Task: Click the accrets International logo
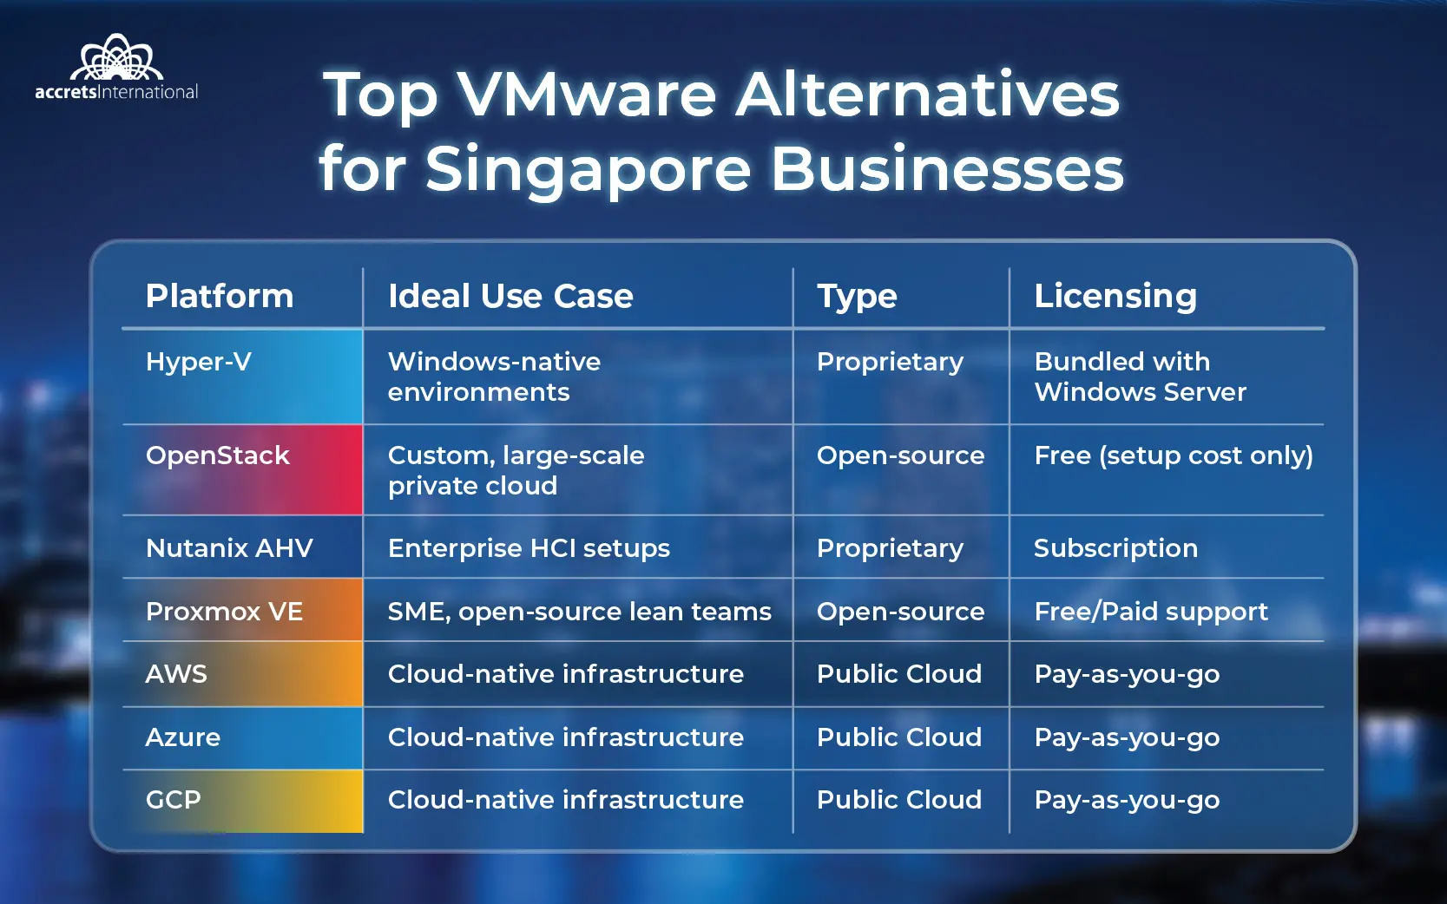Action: tap(116, 67)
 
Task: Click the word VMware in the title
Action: tap(587, 95)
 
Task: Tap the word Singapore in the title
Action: tap(588, 169)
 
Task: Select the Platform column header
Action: tap(220, 297)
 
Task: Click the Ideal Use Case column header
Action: tap(510, 297)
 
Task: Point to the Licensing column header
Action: tap(1115, 297)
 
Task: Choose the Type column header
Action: tap(858, 298)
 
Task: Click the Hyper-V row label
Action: tap(198, 362)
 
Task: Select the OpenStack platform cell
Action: tap(218, 455)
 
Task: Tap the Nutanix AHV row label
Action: tap(229, 548)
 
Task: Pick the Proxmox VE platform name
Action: tap(224, 612)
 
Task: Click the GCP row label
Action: tap(173, 800)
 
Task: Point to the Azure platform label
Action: tap(183, 737)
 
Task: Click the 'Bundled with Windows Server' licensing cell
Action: tap(1141, 377)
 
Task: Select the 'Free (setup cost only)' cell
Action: tap(1174, 455)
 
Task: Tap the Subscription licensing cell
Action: tap(1115, 549)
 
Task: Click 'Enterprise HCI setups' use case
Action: tap(529, 549)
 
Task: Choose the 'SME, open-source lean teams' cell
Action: tap(580, 612)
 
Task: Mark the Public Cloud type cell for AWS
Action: tap(899, 674)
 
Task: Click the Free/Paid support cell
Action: tap(1151, 612)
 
